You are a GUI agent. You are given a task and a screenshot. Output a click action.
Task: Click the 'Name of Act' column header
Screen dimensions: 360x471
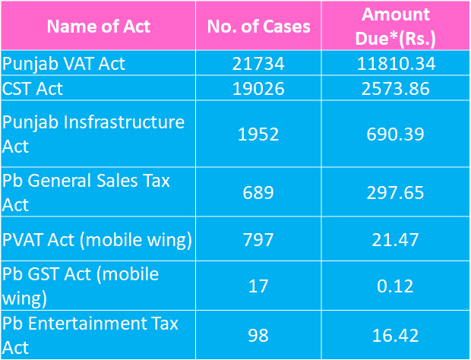tap(99, 27)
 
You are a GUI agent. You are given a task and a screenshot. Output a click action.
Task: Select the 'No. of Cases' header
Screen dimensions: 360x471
tap(258, 27)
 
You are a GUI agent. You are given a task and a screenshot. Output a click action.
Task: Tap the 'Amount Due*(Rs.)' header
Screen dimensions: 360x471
tap(395, 26)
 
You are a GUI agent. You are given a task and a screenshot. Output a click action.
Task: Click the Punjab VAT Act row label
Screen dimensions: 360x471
tap(64, 64)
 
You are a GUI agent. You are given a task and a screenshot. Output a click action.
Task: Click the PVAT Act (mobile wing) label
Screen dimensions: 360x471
tap(96, 241)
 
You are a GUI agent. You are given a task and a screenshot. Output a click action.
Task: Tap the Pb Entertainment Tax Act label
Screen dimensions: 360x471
tap(90, 334)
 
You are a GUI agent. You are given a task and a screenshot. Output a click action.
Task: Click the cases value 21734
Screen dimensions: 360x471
tap(258, 64)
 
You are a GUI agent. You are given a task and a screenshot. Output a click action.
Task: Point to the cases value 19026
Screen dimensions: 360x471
tap(258, 89)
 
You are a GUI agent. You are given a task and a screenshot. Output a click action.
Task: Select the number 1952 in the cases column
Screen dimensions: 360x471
tap(258, 134)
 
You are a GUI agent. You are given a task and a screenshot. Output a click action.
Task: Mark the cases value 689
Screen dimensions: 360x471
tap(258, 192)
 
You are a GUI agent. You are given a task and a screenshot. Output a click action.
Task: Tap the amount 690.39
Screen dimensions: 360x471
tap(395, 134)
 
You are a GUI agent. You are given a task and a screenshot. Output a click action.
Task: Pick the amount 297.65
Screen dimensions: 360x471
tap(395, 192)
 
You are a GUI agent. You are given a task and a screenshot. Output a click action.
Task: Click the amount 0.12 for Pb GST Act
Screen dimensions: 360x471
tap(395, 286)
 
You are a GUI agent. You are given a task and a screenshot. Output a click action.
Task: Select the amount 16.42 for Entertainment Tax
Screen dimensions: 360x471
tap(395, 335)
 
